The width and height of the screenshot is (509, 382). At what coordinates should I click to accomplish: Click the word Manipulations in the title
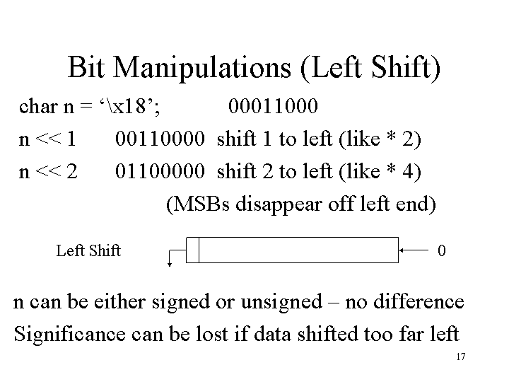tap(201, 68)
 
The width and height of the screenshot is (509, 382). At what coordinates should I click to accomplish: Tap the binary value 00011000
tap(273, 106)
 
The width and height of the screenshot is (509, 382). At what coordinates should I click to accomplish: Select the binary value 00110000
tap(160, 139)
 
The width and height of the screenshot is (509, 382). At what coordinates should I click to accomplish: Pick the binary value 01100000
tap(160, 171)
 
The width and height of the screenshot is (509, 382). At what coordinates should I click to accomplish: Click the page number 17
tap(461, 357)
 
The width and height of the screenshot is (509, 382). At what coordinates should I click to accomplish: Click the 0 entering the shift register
tap(441, 250)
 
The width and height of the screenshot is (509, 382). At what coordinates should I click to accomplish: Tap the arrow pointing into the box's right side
tap(414, 250)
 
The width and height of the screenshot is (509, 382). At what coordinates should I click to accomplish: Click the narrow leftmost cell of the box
tap(192, 250)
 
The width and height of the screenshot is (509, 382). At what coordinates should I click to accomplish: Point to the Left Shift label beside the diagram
tap(88, 250)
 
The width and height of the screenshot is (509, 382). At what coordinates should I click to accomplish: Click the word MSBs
tap(201, 204)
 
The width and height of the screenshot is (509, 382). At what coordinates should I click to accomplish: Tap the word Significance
tap(70, 334)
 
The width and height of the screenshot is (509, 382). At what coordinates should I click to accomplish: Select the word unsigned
tap(281, 302)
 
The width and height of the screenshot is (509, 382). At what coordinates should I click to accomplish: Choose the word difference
tap(419, 301)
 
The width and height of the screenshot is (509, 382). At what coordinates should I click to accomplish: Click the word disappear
tap(279, 204)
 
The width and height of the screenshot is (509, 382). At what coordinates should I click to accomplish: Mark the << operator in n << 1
tap(48, 139)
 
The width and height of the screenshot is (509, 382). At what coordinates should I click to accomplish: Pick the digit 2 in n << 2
tap(72, 171)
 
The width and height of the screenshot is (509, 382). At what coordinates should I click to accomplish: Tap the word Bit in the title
tap(86, 67)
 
